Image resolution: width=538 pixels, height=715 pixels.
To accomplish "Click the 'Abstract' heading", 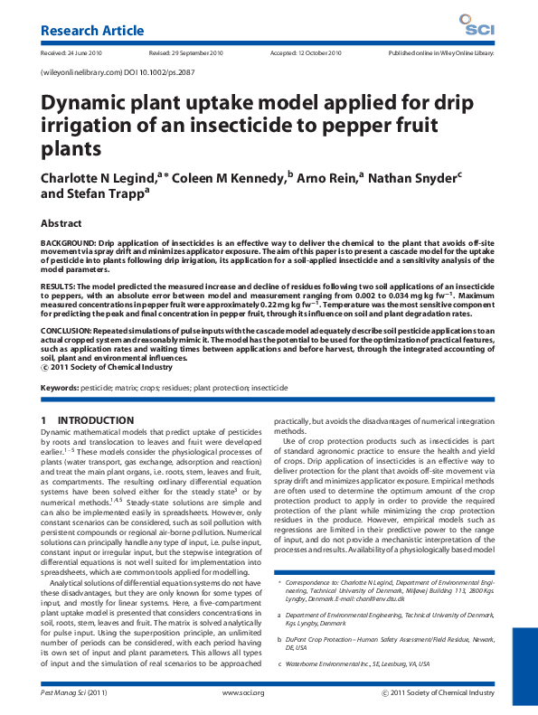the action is (66, 222).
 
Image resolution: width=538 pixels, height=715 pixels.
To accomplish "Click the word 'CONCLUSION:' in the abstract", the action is (68, 331).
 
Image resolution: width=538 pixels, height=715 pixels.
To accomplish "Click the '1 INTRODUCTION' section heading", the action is (87, 420).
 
